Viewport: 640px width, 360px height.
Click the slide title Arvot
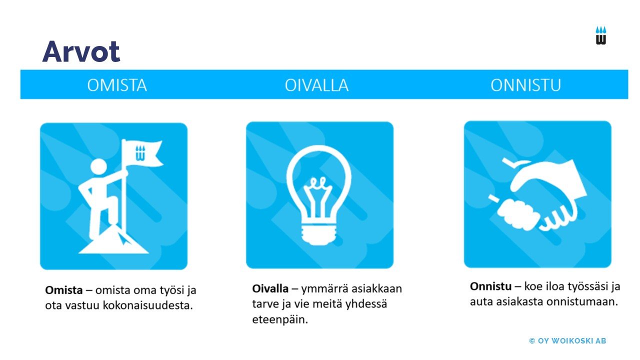81,51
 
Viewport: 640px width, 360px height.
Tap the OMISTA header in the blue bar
117,85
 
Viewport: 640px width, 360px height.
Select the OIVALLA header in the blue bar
316,85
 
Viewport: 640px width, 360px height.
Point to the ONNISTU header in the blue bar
525,85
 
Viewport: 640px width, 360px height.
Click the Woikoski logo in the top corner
601,35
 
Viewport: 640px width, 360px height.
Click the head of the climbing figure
98,166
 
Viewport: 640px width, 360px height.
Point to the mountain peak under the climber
113,239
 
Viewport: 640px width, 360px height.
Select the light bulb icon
319,195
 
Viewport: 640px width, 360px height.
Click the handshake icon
537,195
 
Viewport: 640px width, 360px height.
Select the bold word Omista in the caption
64,290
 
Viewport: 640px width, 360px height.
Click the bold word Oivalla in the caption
270,288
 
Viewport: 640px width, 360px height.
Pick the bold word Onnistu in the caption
490,286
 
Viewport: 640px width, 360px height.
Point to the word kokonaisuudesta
147,305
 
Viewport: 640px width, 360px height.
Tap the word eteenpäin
280,319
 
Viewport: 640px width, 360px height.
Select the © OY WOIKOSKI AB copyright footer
567,341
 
